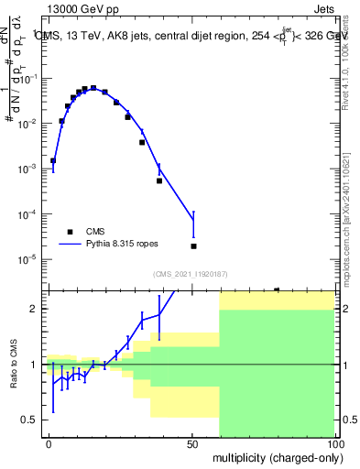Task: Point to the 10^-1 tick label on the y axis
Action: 30,78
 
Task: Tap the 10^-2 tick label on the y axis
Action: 30,124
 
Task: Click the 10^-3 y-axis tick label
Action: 30,169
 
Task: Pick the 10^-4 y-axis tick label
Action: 30,214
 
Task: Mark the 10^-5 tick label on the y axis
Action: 30,259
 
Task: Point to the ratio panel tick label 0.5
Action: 32,420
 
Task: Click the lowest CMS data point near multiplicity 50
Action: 193,246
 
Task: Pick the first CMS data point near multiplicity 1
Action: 53,160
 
